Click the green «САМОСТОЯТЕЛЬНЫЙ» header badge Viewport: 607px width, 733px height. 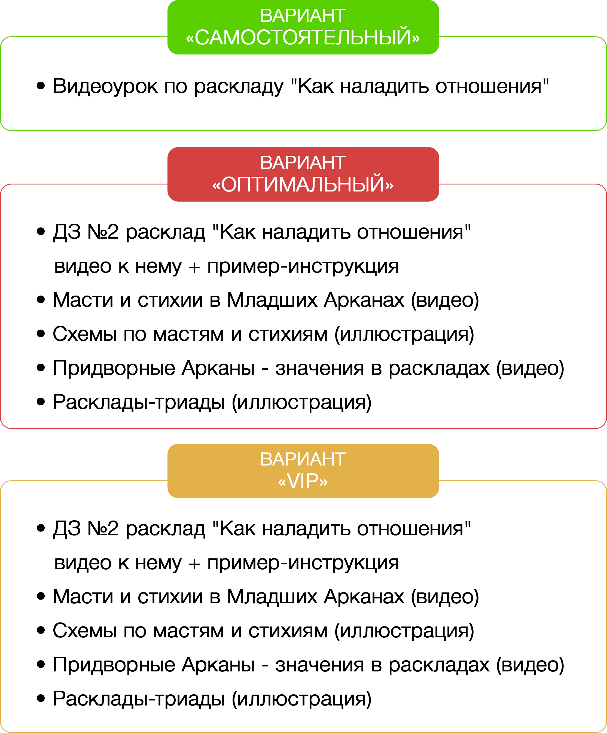click(x=303, y=27)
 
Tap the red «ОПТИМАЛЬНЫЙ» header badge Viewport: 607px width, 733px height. click(x=303, y=174)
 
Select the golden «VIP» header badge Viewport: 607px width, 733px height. click(x=303, y=471)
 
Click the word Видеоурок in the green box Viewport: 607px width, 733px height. click(x=105, y=86)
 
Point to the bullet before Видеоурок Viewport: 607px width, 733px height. click(x=41, y=86)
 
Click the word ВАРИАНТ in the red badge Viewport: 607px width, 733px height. click(x=303, y=163)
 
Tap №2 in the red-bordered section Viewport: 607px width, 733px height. click(x=103, y=232)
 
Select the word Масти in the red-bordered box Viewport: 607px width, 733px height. click(x=83, y=300)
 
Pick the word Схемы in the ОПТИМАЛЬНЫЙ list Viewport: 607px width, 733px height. click(x=84, y=334)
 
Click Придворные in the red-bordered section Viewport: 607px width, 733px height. click(x=114, y=368)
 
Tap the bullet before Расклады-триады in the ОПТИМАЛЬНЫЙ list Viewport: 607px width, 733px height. click(x=41, y=402)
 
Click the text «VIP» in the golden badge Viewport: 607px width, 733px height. click(x=303, y=481)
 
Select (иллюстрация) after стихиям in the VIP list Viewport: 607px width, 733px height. click(x=404, y=631)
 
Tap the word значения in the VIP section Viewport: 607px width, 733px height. click(x=320, y=665)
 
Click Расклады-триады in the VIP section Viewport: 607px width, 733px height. click(x=139, y=698)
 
